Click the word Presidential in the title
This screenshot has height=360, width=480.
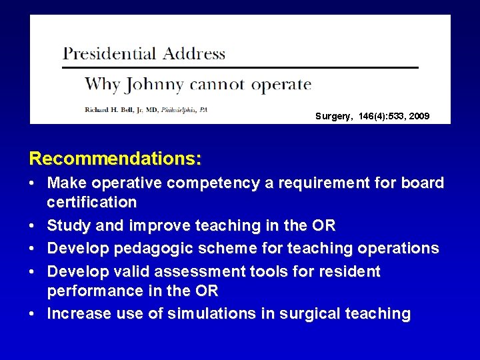coord(107,54)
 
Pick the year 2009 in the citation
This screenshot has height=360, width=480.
coord(420,117)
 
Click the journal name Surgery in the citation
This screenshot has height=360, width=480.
coord(333,117)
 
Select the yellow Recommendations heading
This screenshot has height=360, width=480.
coord(115,159)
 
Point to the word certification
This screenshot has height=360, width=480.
coord(92,202)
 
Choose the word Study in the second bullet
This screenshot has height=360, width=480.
coord(69,226)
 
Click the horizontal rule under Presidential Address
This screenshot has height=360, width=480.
coord(240,67)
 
